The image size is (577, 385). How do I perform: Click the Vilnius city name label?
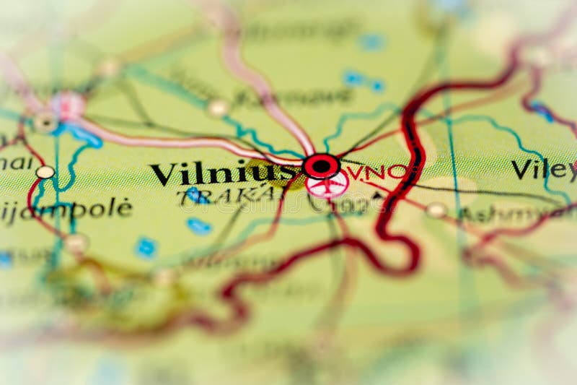coord(224,174)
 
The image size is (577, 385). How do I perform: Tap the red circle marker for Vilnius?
coord(321,166)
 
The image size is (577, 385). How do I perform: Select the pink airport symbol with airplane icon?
coord(327,185)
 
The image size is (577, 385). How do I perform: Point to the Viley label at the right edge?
coord(543,170)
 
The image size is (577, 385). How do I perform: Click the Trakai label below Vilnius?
coord(229,194)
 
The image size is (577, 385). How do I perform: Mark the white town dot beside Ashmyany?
coord(436,209)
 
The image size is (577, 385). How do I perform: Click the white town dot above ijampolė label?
coord(45,172)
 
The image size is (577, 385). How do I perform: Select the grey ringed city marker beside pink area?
coord(46,122)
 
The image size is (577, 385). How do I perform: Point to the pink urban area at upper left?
coord(68,105)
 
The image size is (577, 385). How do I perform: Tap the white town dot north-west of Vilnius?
coord(217,108)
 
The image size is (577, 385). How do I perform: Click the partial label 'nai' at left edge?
coord(16,163)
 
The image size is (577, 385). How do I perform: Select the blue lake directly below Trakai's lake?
coord(199,226)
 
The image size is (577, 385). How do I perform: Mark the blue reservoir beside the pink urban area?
coord(85,135)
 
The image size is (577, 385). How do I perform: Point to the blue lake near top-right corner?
coord(542,111)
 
